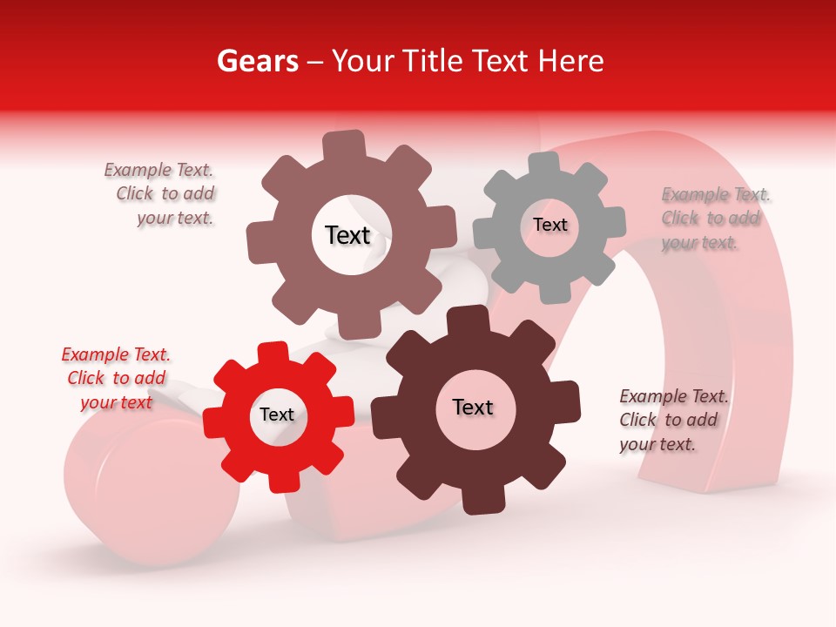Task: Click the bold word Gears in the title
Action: pos(258,62)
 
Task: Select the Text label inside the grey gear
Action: pos(549,225)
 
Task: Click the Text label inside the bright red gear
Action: pos(277,415)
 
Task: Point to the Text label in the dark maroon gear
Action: pos(473,408)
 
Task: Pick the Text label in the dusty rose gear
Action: pos(347,235)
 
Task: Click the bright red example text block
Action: pos(116,378)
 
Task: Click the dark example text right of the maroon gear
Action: pos(672,420)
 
